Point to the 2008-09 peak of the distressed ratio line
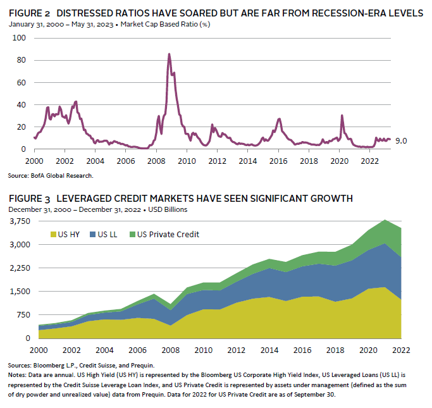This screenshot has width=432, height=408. [x=169, y=54]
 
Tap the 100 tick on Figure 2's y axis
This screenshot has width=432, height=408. [x=18, y=38]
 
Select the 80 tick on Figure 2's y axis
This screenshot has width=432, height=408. [x=20, y=60]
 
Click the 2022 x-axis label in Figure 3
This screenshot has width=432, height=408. [x=401, y=350]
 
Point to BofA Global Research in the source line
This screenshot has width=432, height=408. [x=64, y=175]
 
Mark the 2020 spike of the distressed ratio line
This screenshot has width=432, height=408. [x=342, y=115]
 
